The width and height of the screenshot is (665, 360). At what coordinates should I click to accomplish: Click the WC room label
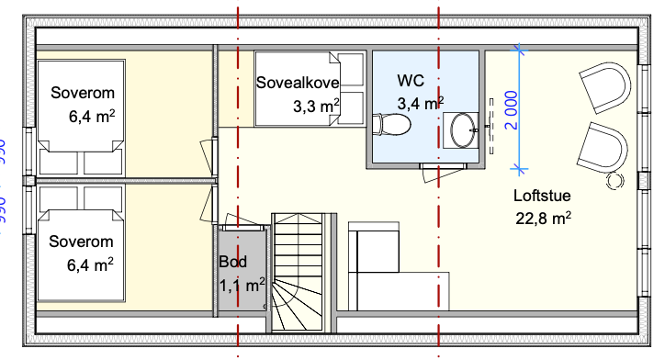(411, 80)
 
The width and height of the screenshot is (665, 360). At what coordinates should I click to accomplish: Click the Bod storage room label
(232, 262)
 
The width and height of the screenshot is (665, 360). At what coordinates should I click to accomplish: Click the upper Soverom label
(82, 94)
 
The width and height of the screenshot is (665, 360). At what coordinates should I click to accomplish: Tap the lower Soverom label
(82, 242)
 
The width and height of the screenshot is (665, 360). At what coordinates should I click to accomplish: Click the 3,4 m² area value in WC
(421, 102)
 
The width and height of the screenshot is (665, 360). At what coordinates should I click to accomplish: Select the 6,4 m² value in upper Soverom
(91, 117)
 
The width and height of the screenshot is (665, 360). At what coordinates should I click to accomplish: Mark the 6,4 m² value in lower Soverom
(91, 265)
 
